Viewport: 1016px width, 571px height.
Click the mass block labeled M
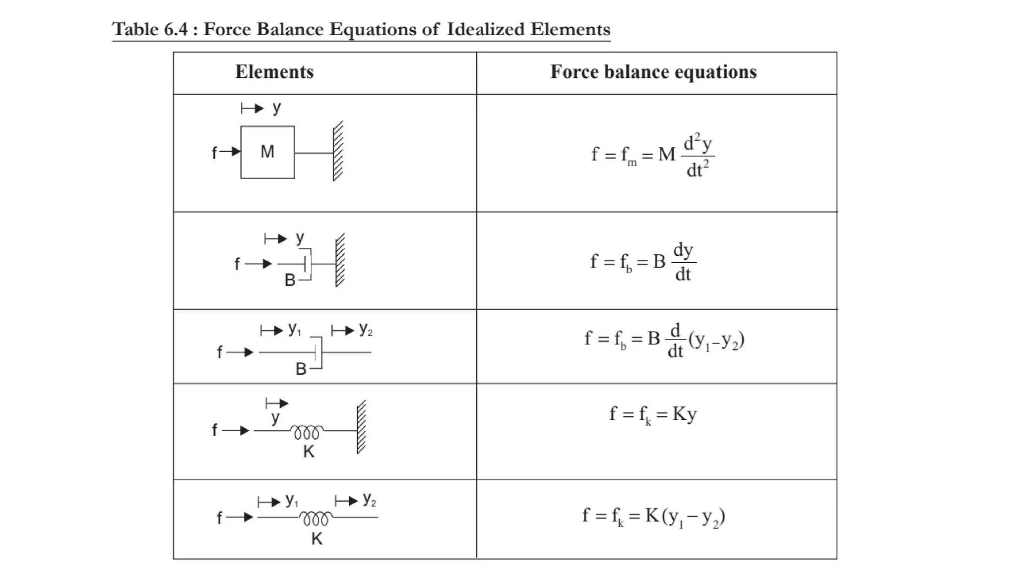click(x=267, y=152)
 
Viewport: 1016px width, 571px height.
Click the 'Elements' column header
click(x=274, y=72)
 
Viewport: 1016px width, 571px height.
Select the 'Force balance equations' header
click(x=653, y=72)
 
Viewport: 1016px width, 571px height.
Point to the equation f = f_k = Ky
click(x=653, y=414)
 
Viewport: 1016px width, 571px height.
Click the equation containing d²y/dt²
click(x=653, y=155)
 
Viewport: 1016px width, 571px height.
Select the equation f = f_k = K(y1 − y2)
click(x=653, y=517)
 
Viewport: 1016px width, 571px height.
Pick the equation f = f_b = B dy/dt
click(x=643, y=262)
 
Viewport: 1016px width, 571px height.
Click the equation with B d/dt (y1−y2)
click(x=664, y=341)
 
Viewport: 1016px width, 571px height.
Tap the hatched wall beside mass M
click(x=338, y=151)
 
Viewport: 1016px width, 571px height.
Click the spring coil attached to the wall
click(x=307, y=432)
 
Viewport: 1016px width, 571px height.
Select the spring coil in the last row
click(x=316, y=518)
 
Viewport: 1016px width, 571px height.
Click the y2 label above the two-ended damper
click(x=366, y=329)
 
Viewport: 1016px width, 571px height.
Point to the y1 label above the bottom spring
click(x=292, y=500)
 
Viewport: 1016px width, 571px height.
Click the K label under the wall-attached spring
click(x=309, y=452)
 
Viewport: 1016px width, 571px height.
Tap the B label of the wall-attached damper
click(x=290, y=281)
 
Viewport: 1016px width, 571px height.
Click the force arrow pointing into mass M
click(x=230, y=152)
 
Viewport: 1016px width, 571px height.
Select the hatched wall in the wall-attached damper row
click(x=340, y=260)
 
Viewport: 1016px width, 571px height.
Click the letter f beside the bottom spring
click(x=219, y=518)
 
